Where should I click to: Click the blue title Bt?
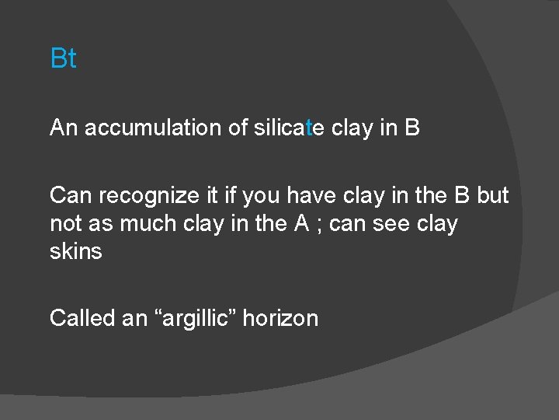[63, 58]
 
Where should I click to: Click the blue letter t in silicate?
[309, 128]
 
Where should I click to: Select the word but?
[492, 195]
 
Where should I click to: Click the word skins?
[75, 252]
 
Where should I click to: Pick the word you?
[259, 197]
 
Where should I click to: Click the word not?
[66, 224]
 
